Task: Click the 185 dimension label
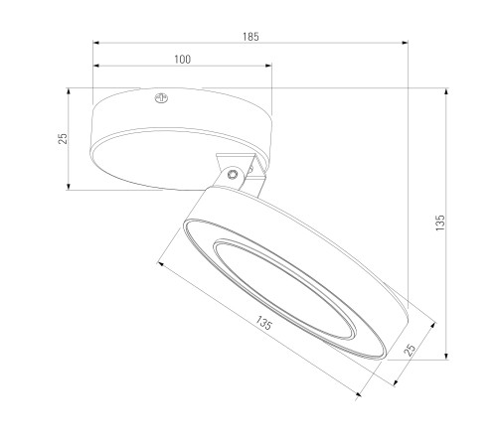point(250,37)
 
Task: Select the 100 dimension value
point(183,60)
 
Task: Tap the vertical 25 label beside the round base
point(63,138)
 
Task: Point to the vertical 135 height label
point(440,223)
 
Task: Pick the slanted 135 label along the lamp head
point(263,323)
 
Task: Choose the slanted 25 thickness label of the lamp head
point(411,350)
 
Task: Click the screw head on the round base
point(161,98)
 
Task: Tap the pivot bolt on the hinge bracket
point(233,174)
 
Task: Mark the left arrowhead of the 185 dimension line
point(96,43)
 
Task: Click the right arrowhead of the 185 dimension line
point(405,43)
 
